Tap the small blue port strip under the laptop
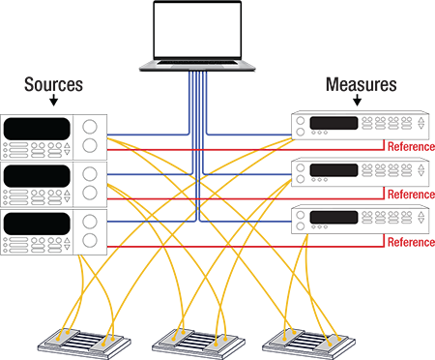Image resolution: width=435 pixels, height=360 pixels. point(199,72)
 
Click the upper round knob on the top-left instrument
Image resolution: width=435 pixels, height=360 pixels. point(91,127)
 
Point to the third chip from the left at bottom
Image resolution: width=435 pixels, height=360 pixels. point(179,339)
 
